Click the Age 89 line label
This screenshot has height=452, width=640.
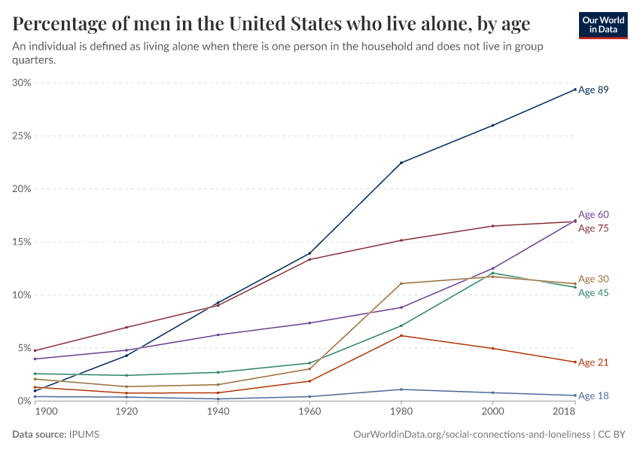tap(593, 90)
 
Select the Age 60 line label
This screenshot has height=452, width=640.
tap(593, 215)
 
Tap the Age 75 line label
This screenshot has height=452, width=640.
tap(593, 228)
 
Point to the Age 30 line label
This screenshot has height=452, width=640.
tap(593, 279)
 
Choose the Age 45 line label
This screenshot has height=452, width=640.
tap(593, 293)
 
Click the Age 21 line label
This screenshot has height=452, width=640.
tap(593, 362)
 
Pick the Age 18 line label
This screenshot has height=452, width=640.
tap(593, 395)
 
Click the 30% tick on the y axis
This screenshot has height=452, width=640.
tap(21, 83)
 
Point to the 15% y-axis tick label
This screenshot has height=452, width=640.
tap(21, 242)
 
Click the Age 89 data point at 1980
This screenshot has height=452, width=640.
tap(401, 163)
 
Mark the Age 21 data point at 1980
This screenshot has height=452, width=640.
tap(401, 335)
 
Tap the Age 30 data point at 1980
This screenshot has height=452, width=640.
tap(401, 283)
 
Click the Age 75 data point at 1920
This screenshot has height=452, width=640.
tap(126, 327)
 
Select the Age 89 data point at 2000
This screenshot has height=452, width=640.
tap(492, 125)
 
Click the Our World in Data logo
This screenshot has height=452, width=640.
tap(602, 25)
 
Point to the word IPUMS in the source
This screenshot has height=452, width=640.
tap(84, 435)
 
